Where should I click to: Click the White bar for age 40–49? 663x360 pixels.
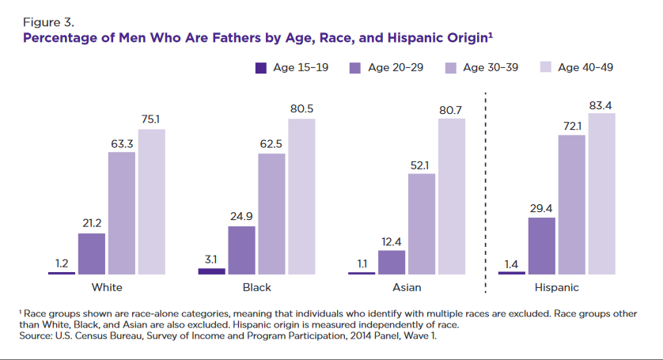click(151, 201)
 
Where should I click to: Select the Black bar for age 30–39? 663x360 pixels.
click(271, 214)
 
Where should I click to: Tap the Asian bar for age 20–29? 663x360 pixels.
click(392, 262)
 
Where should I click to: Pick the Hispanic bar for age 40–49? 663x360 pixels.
click(601, 193)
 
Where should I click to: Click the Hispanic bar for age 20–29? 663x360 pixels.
click(541, 245)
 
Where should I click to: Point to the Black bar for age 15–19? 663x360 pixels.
click(211, 271)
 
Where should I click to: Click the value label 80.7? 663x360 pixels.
click(451, 110)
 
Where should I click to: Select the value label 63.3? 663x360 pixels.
click(121, 143)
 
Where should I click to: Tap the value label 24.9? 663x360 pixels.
click(241, 218)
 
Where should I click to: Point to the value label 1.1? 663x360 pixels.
click(362, 264)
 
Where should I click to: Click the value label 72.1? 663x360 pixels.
click(571, 127)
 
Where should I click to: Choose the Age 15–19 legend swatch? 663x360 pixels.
click(261, 68)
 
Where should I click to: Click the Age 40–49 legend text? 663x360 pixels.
click(585, 68)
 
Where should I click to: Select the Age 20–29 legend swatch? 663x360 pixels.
click(355, 68)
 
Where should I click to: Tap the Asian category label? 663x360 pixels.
click(407, 287)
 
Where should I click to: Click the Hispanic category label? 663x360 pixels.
click(556, 287)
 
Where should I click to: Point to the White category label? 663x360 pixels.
click(107, 287)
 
